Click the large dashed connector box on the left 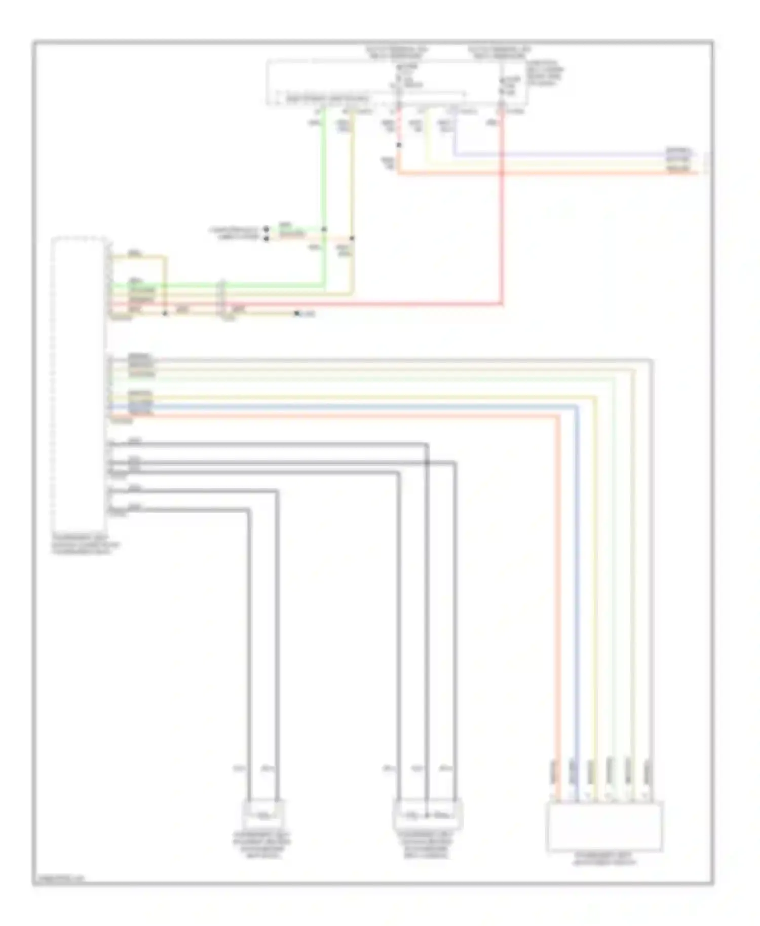click(79, 382)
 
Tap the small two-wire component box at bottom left click(263, 814)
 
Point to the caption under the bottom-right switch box click(604, 857)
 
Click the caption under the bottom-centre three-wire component click(427, 844)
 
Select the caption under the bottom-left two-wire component click(262, 844)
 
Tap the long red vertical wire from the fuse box click(502, 213)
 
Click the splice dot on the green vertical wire click(324, 229)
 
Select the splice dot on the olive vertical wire click(353, 238)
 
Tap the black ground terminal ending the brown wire click(297, 314)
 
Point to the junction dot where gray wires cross click(427, 462)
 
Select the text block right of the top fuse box click(545, 74)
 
